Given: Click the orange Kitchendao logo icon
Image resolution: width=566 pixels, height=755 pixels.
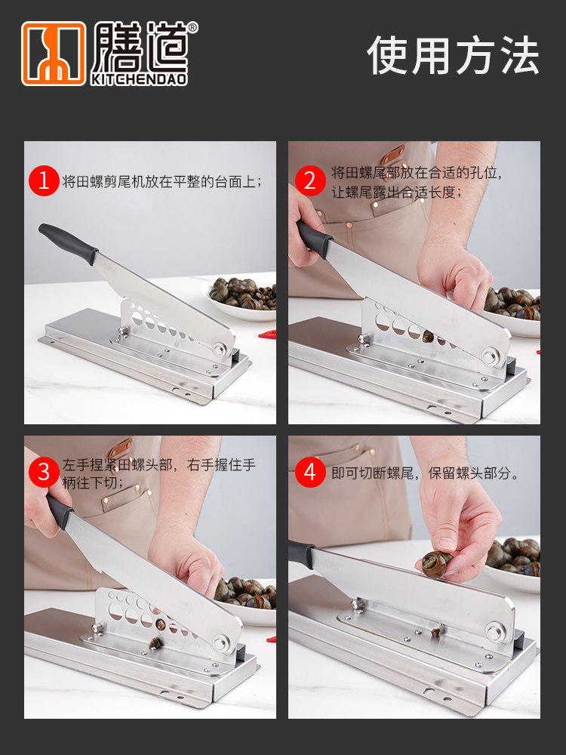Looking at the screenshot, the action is [x=54, y=54].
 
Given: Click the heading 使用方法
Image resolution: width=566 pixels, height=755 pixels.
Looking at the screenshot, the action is [x=453, y=55].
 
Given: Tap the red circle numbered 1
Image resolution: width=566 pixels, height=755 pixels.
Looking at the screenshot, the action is [x=43, y=180].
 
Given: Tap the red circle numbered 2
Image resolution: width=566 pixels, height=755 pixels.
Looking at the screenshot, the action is [x=310, y=180].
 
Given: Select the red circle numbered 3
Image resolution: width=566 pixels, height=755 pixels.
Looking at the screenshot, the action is [x=43, y=473].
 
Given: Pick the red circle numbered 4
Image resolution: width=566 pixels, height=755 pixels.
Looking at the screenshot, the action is [x=310, y=473].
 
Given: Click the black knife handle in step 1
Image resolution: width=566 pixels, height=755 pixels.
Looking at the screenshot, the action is [x=68, y=244].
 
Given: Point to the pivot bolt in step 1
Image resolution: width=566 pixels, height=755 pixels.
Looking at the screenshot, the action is [x=220, y=348].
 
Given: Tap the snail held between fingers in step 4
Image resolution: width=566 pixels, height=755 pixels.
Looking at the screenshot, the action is [x=436, y=564].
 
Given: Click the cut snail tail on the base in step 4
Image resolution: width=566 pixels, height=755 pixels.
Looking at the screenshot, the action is [x=436, y=631].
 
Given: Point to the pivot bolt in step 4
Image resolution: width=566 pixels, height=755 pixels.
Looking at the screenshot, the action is [x=494, y=630].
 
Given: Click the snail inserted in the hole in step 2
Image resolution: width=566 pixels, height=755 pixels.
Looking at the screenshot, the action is [x=428, y=337].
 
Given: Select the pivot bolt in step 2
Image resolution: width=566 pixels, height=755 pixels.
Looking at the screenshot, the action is [x=490, y=356].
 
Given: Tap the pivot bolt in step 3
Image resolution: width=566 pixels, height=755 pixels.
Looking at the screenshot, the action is [x=221, y=643].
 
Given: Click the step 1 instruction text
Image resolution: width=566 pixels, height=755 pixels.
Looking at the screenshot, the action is [x=161, y=181].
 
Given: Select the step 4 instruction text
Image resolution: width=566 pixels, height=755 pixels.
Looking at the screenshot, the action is [x=425, y=473].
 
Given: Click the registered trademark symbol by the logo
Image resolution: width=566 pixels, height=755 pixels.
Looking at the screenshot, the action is [x=192, y=27].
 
